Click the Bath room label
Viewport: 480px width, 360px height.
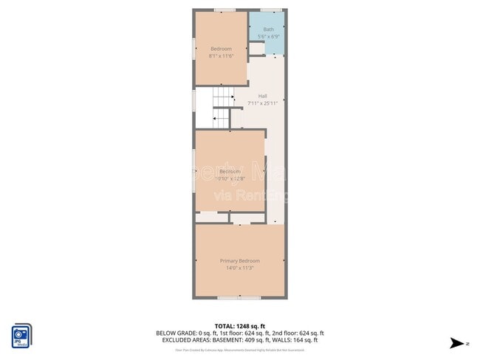(268, 30)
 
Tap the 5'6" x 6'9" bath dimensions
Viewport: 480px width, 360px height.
(268, 36)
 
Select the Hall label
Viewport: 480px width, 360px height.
(263, 96)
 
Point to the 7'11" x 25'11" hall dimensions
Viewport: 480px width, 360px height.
(263, 103)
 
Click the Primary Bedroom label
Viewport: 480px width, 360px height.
(240, 261)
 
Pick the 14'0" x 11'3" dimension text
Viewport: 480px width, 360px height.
(240, 268)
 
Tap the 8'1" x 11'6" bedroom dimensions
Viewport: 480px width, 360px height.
(221, 55)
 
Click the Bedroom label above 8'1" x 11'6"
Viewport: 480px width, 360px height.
(221, 49)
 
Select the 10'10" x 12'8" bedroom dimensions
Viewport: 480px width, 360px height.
(230, 179)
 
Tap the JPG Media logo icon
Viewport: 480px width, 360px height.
(21, 335)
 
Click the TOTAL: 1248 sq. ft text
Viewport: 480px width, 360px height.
(240, 325)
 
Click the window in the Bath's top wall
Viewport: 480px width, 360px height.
(271, 10)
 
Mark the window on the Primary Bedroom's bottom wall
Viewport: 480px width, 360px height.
(239, 297)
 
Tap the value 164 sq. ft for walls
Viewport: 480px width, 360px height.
(306, 340)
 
